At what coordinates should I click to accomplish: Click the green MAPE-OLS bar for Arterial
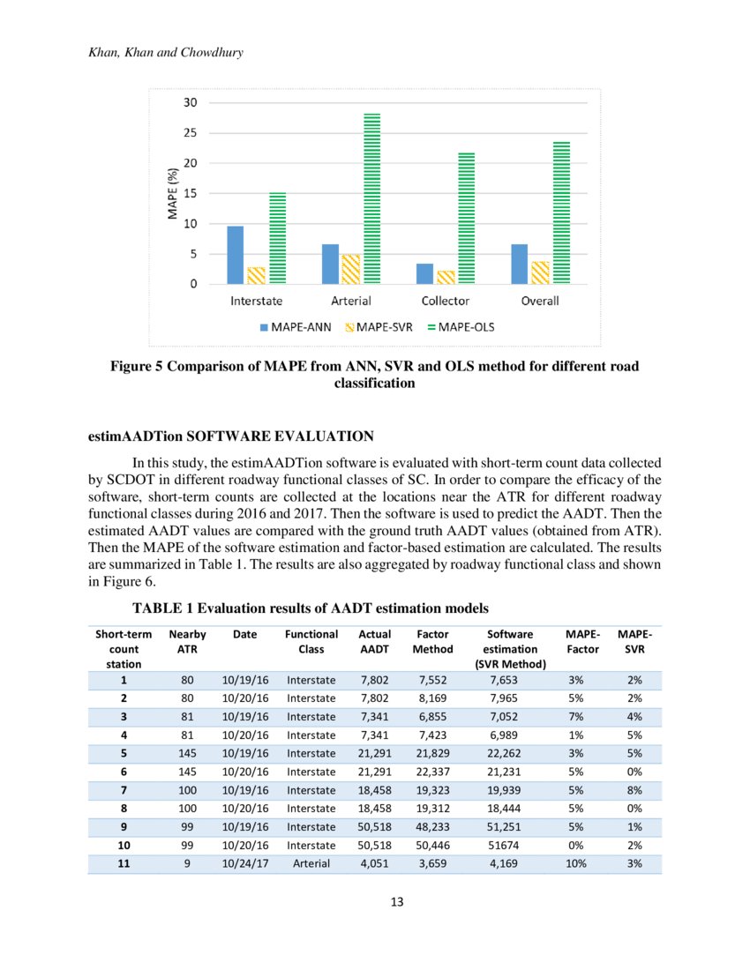click(371, 198)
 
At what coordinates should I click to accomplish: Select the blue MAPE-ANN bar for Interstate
click(235, 255)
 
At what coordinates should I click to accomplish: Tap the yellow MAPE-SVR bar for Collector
click(446, 277)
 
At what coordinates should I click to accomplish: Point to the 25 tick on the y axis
click(190, 133)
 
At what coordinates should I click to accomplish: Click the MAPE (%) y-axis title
click(174, 193)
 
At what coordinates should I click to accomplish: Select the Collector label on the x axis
click(446, 301)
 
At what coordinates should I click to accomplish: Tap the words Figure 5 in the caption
click(138, 366)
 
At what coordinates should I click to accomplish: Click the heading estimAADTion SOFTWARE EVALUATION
click(231, 436)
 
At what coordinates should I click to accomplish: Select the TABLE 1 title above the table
click(310, 608)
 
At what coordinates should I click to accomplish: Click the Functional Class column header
click(311, 641)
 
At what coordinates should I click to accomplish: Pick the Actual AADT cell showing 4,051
click(375, 863)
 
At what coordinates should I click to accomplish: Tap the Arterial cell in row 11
click(311, 863)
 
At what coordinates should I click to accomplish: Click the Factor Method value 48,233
click(432, 827)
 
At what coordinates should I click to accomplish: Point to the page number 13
click(375, 901)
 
